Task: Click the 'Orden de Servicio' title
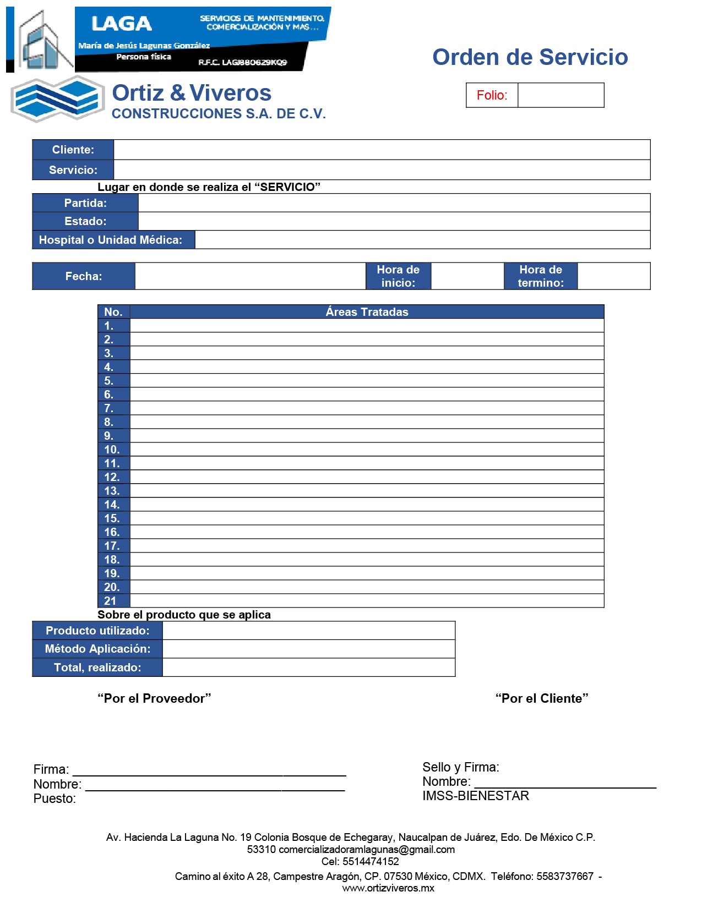click(530, 57)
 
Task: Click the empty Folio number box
click(560, 95)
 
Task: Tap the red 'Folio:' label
click(492, 95)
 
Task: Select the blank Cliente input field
click(382, 150)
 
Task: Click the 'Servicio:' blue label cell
click(73, 170)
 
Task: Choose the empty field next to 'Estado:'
click(394, 221)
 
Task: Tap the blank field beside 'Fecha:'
click(250, 276)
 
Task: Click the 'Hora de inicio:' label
click(398, 276)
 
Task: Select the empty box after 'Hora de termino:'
click(613, 276)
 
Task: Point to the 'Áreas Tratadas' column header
click(367, 312)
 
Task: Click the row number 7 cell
click(113, 408)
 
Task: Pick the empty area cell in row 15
click(367, 518)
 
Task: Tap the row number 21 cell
click(113, 601)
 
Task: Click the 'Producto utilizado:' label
click(97, 631)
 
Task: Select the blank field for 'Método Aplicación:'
click(308, 649)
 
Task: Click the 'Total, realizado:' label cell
click(97, 668)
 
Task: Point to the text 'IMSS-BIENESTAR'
click(476, 796)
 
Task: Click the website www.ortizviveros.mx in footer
click(388, 888)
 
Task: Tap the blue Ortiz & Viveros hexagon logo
click(58, 99)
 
